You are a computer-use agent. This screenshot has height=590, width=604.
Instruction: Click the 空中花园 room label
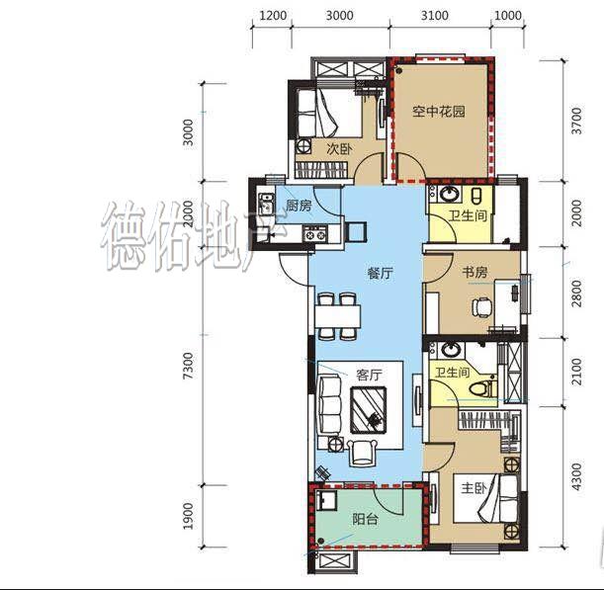click(439, 112)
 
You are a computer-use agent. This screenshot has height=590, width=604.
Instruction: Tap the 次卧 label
click(339, 148)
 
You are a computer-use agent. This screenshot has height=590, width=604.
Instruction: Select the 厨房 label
click(299, 206)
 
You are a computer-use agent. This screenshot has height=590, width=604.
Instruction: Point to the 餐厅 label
click(380, 274)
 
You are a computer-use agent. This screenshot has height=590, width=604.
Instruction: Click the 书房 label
click(475, 273)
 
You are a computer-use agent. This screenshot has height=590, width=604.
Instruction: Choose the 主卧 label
click(475, 488)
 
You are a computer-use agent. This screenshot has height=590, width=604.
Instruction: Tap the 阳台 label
click(365, 520)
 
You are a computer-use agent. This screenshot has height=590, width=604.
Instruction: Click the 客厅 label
click(369, 375)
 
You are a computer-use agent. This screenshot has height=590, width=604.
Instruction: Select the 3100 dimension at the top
click(435, 16)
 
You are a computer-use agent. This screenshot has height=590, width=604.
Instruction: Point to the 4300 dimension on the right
click(576, 476)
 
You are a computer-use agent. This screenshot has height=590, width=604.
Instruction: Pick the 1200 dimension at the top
click(273, 16)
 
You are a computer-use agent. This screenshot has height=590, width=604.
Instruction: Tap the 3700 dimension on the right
click(576, 121)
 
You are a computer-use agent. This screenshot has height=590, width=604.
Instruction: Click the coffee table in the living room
click(369, 410)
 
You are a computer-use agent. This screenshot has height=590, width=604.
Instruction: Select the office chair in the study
click(482, 307)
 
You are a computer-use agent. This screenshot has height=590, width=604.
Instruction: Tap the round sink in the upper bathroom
click(448, 194)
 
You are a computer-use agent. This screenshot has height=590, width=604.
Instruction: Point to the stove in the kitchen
click(315, 233)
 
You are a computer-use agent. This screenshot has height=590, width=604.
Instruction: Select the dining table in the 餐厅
click(338, 316)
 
